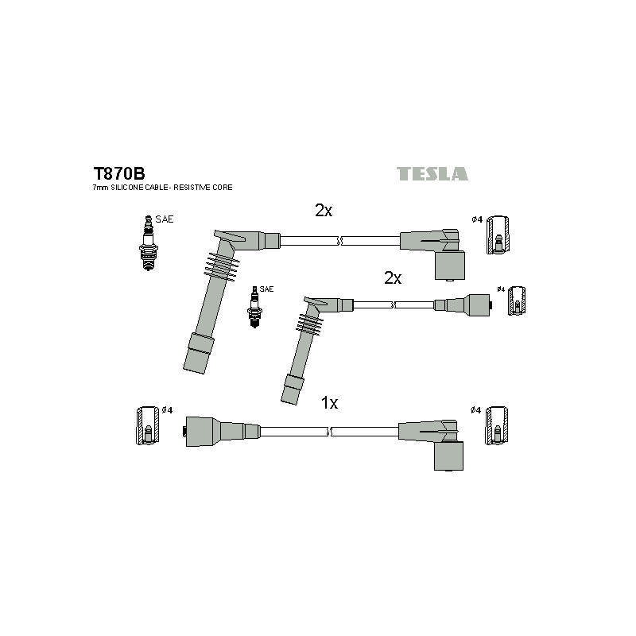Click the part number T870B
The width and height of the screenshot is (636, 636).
pos(118,173)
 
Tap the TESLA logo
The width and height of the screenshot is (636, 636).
pos(432,173)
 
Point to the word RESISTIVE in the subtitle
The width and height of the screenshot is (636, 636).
pos(189,188)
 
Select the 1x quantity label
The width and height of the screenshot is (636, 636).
pos(329,403)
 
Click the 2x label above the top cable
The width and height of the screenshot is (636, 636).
pos(324,210)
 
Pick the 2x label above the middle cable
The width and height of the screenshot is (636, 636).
pos(393,277)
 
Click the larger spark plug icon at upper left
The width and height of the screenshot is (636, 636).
pos(149,243)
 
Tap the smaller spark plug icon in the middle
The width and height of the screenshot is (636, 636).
pos(254,307)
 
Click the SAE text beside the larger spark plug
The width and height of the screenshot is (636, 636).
pos(165,219)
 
